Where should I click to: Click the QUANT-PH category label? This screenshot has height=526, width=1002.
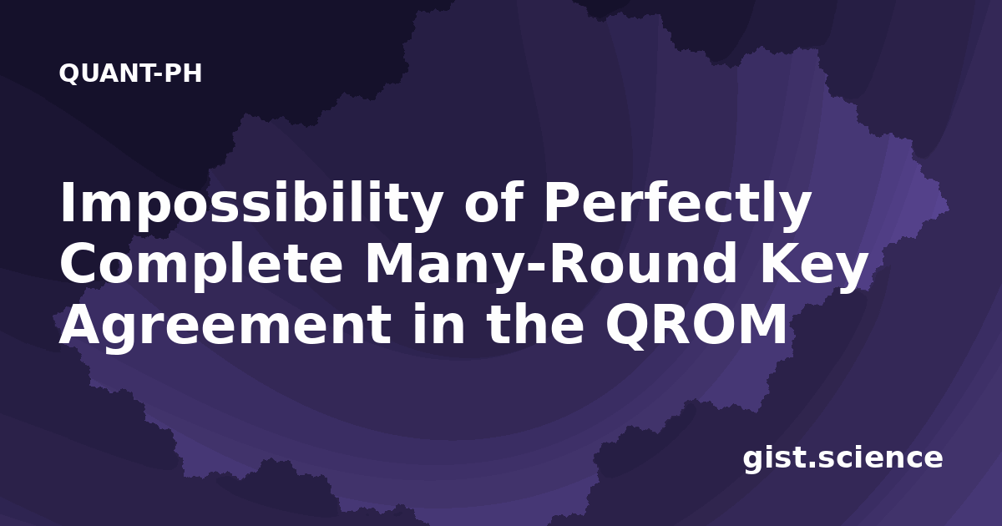130,73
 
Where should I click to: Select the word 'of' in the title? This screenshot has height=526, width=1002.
493,202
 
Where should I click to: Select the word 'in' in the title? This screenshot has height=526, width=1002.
438,322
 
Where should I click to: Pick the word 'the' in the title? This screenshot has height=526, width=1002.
535,322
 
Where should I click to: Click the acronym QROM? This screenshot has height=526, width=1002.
696,325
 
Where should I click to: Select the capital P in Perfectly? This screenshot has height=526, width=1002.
563,202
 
